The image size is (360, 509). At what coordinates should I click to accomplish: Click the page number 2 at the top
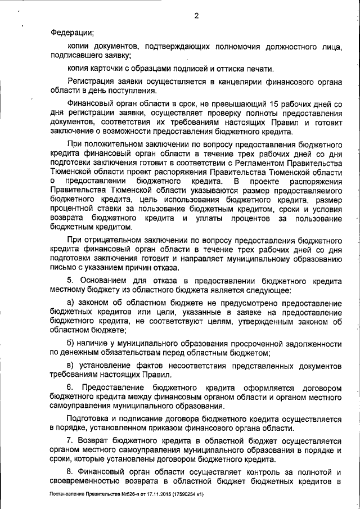197,15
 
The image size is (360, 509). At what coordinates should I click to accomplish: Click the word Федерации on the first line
71,32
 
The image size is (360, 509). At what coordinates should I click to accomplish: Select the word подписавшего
73,55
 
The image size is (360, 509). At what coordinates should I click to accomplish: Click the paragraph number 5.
70,280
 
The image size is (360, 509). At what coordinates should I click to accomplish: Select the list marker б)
70,343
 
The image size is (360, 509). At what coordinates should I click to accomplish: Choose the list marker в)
70,366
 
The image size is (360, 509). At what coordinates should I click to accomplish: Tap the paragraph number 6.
70,389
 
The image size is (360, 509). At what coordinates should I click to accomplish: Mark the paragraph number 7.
70,442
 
